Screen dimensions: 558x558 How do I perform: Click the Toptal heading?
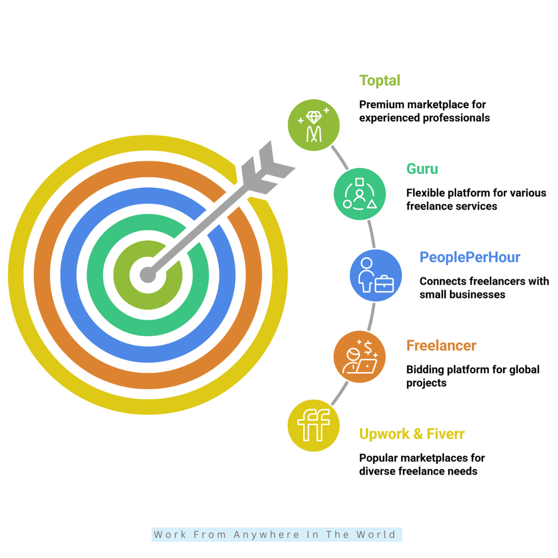[x=380, y=81]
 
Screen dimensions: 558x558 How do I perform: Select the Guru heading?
[x=422, y=168]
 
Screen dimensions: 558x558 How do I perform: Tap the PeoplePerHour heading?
[x=470, y=257]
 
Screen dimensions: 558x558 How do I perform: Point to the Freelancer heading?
[x=441, y=346]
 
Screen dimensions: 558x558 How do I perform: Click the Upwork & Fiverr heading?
[x=412, y=434]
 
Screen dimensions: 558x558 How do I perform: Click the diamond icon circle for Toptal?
[x=314, y=125]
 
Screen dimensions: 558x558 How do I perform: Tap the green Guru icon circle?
[x=360, y=194]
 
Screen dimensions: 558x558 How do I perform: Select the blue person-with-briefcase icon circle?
[x=376, y=275]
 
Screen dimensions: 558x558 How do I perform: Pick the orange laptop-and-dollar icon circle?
[x=360, y=357]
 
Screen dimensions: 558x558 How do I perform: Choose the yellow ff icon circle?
[x=314, y=426]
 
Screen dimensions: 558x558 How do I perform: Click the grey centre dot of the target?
[x=148, y=275]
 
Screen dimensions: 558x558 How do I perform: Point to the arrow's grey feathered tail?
[x=267, y=167]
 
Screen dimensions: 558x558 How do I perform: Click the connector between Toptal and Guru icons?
[x=339, y=158]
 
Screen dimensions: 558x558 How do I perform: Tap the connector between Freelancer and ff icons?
[x=339, y=393]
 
